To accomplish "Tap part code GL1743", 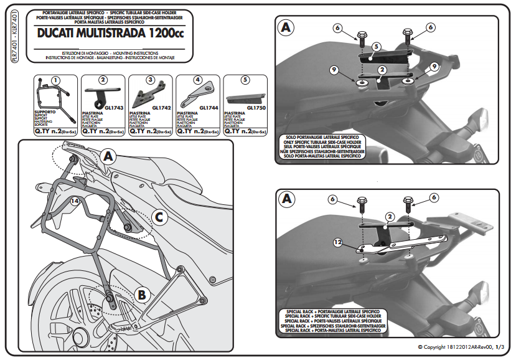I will click(x=113, y=107).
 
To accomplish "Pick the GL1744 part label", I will click(x=210, y=107).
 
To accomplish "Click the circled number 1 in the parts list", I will click(x=55, y=80).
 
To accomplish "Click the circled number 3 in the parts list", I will click(x=150, y=80).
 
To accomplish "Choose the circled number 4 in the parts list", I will click(x=197, y=80).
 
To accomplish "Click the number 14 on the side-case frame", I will click(x=74, y=201).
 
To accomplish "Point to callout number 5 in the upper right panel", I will click(x=376, y=47).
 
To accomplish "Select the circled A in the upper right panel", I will click(x=286, y=28).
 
